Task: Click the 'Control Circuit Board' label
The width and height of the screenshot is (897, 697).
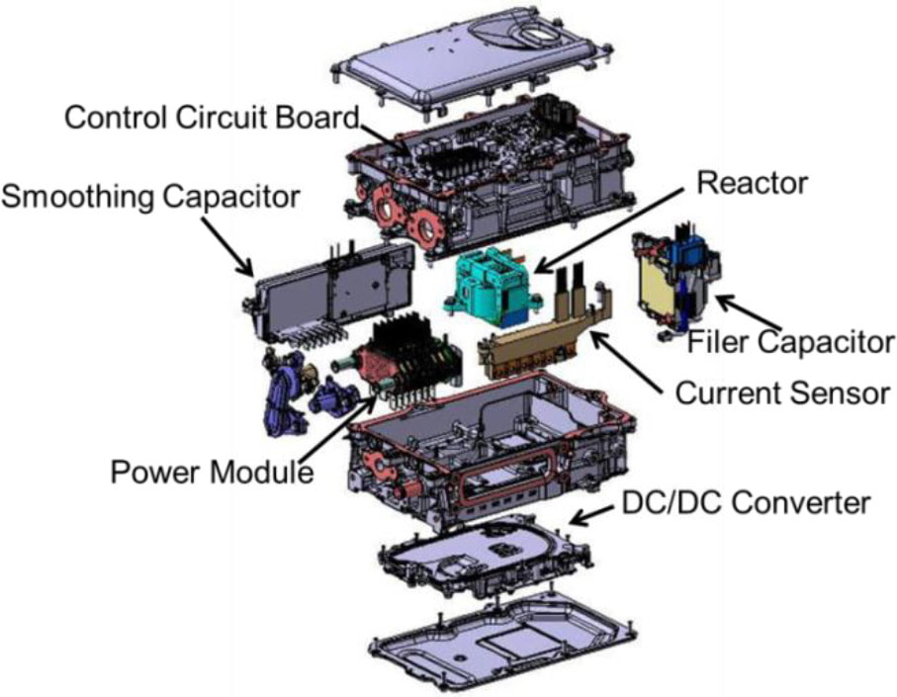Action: [211, 118]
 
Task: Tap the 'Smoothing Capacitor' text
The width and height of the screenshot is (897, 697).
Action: [149, 197]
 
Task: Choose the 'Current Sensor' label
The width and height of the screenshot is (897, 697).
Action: [782, 392]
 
